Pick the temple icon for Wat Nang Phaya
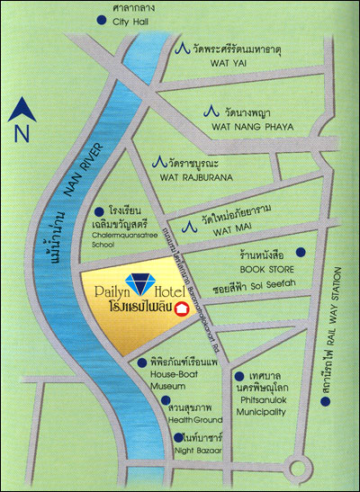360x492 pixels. (x=210, y=112)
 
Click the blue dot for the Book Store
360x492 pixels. (x=301, y=251)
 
